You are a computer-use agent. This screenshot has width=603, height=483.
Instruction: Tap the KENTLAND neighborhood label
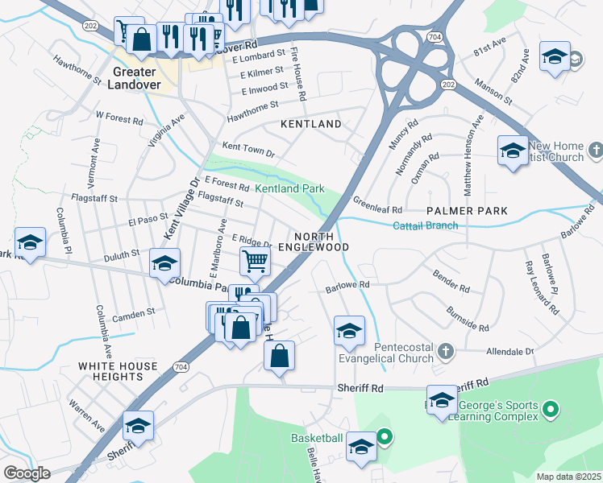[311, 124]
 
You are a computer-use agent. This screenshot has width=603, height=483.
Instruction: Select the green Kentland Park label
[289, 188]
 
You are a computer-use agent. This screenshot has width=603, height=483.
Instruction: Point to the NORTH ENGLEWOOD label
[314, 240]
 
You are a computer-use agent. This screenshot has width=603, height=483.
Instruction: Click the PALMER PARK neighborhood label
[467, 211]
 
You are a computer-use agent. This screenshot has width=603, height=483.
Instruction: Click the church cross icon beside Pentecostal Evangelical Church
[446, 351]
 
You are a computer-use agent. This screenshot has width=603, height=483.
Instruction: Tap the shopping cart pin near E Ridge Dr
[255, 260]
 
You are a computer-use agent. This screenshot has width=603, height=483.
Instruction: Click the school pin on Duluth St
[164, 264]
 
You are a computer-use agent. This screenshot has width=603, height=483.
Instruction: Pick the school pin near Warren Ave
[138, 426]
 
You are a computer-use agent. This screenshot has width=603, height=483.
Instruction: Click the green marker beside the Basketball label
[385, 438]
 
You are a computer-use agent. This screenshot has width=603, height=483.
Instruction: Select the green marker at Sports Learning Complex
[550, 411]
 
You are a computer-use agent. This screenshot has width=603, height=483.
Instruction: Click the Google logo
[27, 473]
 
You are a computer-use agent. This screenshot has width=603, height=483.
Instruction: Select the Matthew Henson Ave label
[472, 155]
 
